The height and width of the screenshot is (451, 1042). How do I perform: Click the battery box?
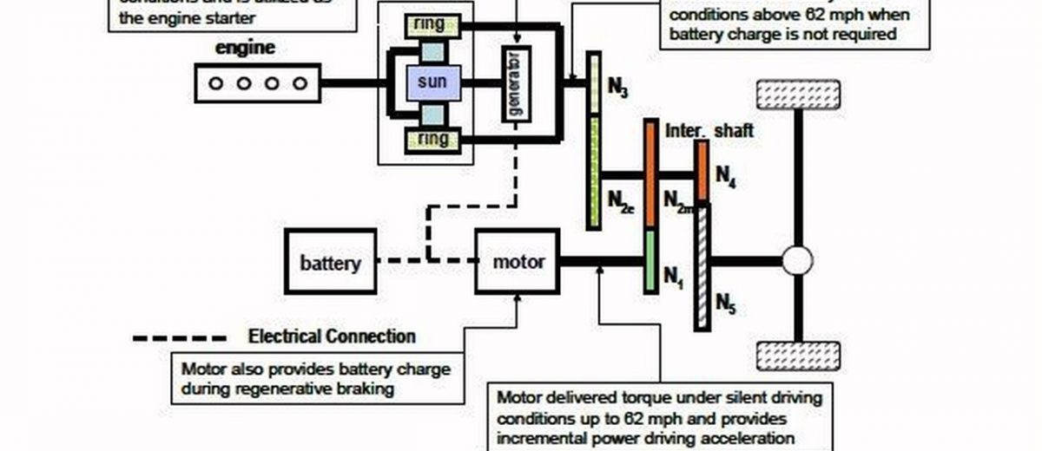coord(331,262)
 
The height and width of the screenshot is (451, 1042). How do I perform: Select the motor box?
coord(518,262)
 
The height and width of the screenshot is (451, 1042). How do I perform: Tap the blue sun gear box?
coord(431,83)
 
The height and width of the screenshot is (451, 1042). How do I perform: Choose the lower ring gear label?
coord(431,139)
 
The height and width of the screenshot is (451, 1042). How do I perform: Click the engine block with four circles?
coord(258,84)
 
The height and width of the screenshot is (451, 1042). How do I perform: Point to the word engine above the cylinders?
coord(246,49)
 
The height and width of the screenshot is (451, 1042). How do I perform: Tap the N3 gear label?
coord(618,89)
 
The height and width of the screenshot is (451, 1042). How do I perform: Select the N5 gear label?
coord(726,303)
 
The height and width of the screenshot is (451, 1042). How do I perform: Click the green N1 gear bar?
coord(650,261)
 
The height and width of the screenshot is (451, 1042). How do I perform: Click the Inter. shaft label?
coord(709,131)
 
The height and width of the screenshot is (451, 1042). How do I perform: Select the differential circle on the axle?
coord(797,259)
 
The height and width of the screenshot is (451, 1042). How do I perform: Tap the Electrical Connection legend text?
coord(332,337)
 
